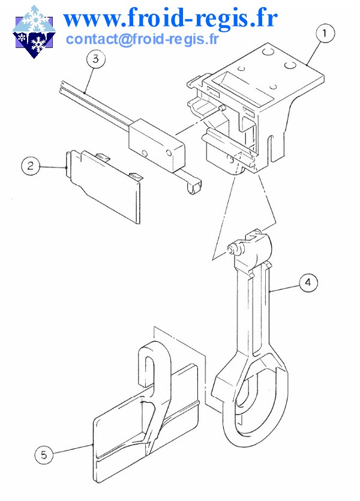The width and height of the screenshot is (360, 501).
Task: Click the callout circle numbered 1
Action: (325, 34)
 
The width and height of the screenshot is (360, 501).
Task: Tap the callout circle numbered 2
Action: (31, 166)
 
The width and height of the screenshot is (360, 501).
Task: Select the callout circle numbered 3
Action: (95, 59)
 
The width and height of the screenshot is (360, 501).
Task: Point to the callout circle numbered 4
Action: (308, 283)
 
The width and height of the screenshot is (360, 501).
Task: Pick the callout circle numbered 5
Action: (44, 455)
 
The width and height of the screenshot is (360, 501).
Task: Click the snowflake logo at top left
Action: (34, 31)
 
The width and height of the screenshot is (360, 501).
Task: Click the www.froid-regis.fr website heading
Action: (170, 19)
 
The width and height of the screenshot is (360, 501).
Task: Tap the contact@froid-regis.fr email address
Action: (142, 39)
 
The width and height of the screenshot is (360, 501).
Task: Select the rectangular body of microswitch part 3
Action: (157, 145)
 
